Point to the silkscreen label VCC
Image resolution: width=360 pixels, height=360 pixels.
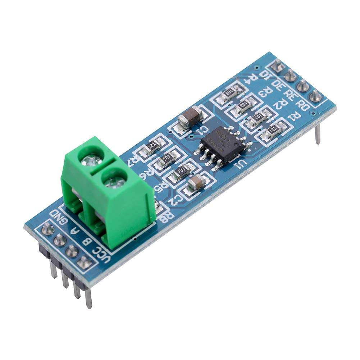99,254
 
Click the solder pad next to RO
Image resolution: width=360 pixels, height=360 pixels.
315,96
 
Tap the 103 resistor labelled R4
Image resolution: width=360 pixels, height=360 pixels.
228,92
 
